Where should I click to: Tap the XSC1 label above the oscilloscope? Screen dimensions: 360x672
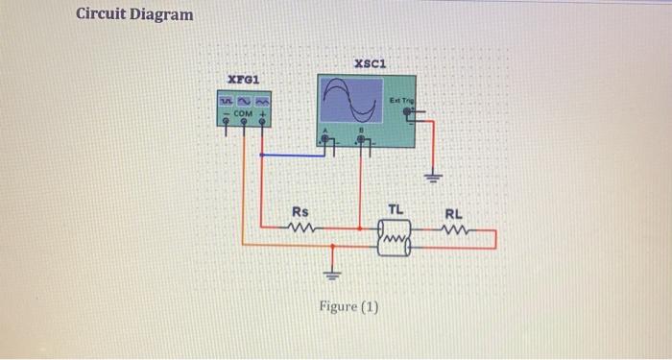click(369, 63)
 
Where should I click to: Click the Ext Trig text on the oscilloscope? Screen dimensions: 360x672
click(401, 100)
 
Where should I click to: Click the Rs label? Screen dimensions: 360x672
click(300, 211)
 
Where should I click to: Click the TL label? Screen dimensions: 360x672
click(396, 209)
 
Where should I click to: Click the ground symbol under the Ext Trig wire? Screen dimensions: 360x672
click(433, 179)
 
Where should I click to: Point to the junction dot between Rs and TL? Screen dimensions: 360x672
click(361, 229)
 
